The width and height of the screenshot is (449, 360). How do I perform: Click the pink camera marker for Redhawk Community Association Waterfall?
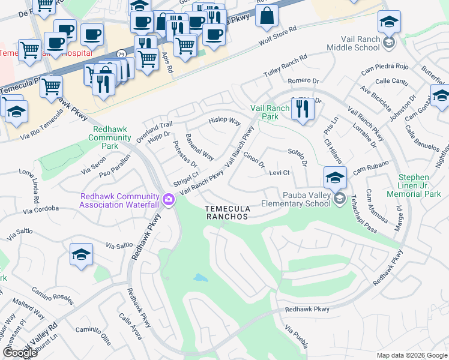pos(169,199)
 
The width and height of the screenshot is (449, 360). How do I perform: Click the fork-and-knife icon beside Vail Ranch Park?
pos(302,110)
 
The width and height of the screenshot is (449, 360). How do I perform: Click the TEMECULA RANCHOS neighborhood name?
pos(226,212)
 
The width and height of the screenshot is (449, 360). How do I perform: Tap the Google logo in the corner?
pos(20,353)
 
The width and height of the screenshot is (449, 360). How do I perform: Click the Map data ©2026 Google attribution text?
pos(411,355)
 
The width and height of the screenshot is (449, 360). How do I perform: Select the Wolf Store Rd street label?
pos(278,36)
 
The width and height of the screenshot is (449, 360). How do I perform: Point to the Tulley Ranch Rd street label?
pos(286,66)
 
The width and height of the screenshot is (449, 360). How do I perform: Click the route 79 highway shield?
pos(121,53)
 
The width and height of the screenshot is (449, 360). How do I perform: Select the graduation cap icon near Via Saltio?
pos(81,256)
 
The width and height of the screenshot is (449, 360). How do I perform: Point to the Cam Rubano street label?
pos(372,167)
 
